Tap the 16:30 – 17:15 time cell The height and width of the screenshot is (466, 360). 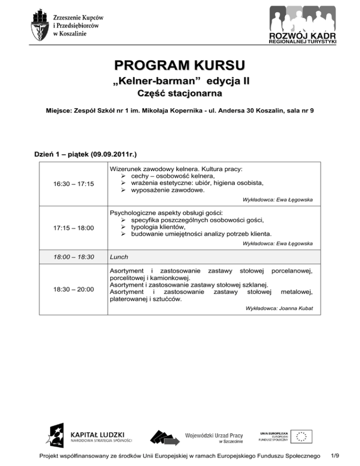(74, 183)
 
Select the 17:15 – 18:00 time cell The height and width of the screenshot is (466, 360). (74, 228)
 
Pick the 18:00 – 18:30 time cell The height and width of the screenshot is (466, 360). (74, 257)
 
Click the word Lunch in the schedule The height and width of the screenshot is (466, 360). (118, 257)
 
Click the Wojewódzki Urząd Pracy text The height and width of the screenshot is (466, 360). (214, 434)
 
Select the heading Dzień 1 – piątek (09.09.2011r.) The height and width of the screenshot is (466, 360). (85, 154)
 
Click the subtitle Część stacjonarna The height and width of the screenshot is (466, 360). (180, 94)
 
